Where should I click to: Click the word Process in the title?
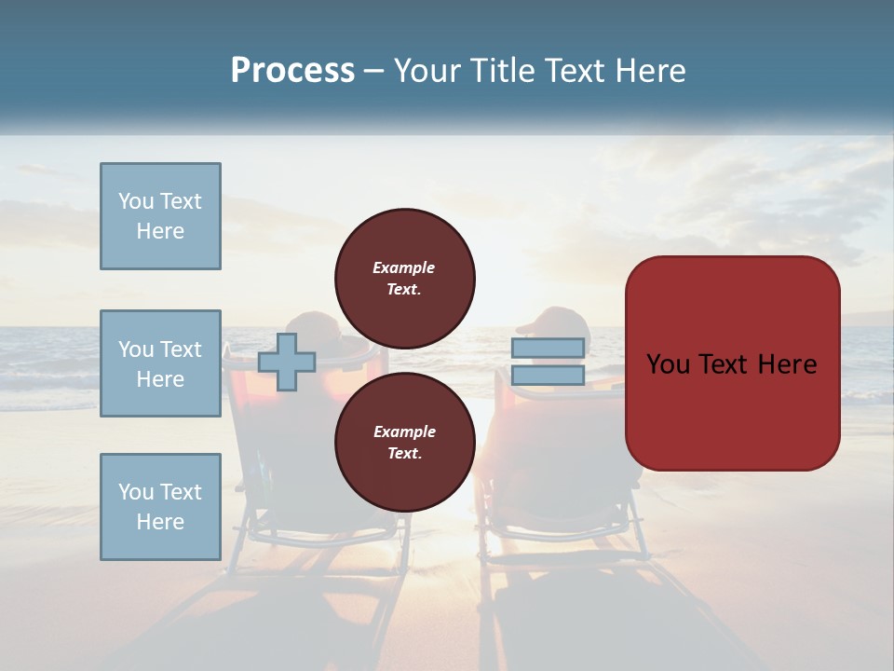coord(292,71)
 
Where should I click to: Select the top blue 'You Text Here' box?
coord(160,216)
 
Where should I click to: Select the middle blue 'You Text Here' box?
coord(160,363)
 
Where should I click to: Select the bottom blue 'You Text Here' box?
coord(160,507)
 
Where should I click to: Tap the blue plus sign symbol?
coord(286,362)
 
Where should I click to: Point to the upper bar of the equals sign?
coord(548,349)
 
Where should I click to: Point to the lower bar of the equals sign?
coord(548,376)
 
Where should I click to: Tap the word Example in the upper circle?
coord(404,267)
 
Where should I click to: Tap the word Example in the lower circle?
coord(404,431)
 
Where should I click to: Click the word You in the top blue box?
coord(136,201)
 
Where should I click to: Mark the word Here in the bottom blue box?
coord(160,522)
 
